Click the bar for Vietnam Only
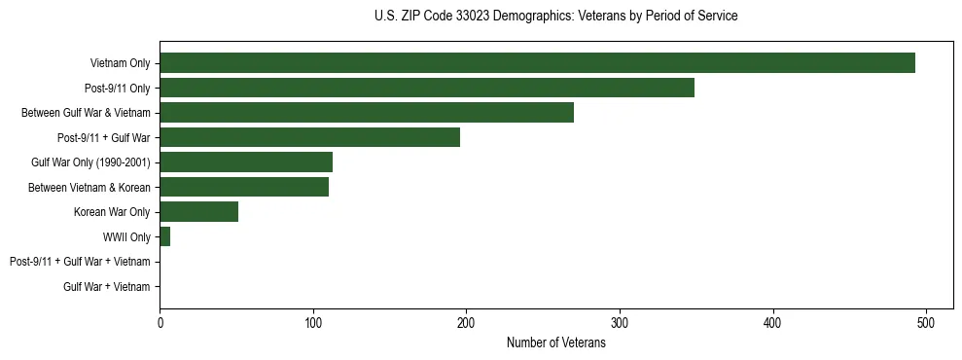(x=537, y=63)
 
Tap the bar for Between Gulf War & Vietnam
(x=367, y=113)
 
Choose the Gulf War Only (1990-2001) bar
(x=246, y=162)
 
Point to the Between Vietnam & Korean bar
(x=244, y=187)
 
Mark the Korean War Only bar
(x=199, y=212)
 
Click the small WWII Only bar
(x=165, y=236)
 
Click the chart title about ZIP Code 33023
(x=555, y=17)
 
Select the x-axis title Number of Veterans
(x=555, y=343)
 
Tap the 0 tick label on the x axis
(x=160, y=323)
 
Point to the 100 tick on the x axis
(x=313, y=323)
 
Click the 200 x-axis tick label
(x=466, y=323)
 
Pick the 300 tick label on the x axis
(x=620, y=323)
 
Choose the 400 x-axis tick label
(x=773, y=323)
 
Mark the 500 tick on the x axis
(x=926, y=323)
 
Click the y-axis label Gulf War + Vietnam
(x=107, y=287)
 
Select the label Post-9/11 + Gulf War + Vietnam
(x=80, y=262)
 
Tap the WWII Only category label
(x=126, y=237)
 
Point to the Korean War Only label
(x=112, y=212)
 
